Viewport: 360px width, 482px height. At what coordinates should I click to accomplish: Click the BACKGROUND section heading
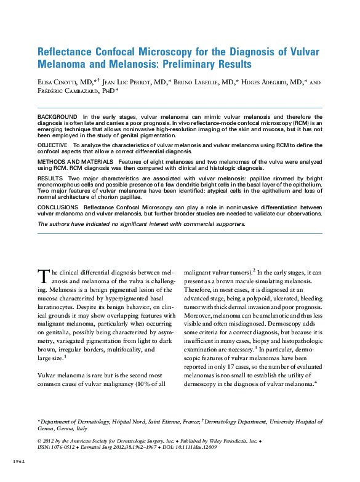pos(57,116)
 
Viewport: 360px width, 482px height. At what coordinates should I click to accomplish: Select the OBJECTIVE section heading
pos(54,143)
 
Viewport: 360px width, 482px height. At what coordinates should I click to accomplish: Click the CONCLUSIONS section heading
pos(60,208)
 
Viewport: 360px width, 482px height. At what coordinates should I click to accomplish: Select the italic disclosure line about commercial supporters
pos(142,223)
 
